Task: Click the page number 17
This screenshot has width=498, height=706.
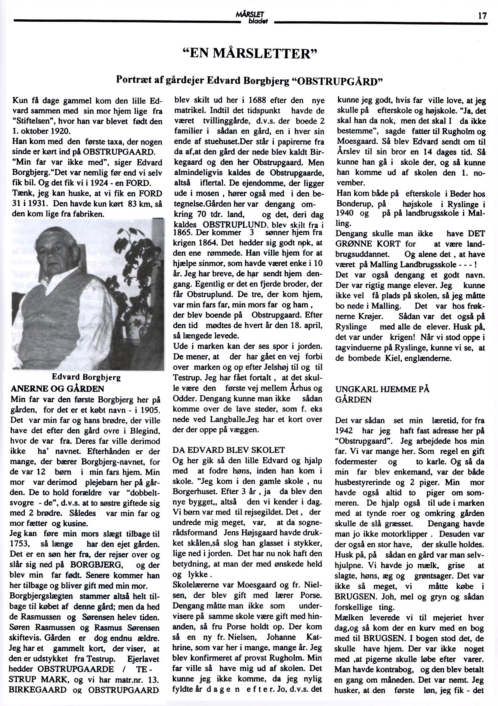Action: [482, 16]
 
